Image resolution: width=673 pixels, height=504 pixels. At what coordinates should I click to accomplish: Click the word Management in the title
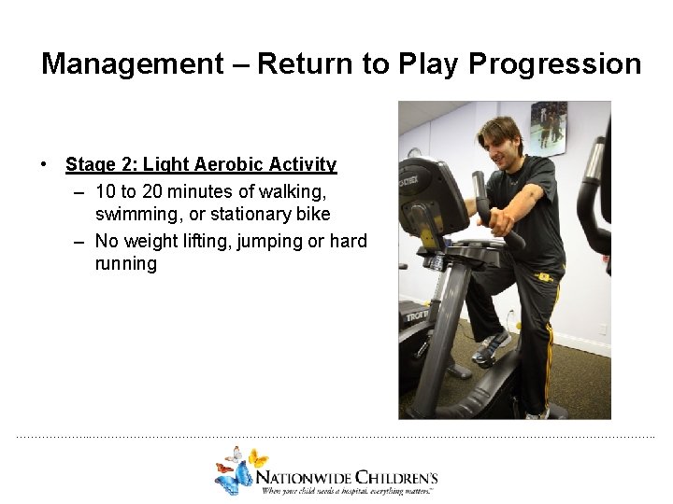tap(132, 64)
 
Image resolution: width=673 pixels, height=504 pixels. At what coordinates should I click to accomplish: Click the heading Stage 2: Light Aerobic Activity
tap(201, 165)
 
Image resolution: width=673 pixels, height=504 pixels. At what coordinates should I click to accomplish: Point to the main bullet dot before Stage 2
tap(45, 165)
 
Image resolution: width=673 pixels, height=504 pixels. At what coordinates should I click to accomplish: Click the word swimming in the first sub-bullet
tap(136, 214)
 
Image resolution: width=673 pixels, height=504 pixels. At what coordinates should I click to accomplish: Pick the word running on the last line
tap(126, 263)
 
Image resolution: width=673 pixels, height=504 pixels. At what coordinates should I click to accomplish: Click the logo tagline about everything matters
tap(348, 491)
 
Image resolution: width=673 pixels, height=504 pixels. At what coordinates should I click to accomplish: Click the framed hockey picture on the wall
tap(549, 128)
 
